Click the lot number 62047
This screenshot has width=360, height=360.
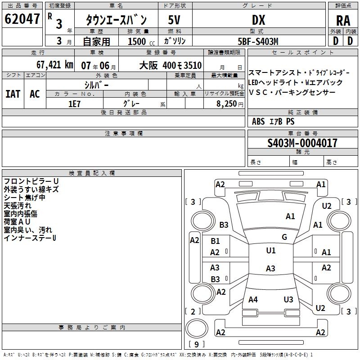22,19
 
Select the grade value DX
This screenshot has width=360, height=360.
258,20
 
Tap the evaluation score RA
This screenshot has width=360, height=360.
343,20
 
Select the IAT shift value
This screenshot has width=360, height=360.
13,94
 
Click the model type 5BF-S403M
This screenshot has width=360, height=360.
258,41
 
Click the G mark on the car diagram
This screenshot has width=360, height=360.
284,237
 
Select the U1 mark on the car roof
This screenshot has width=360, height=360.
271,251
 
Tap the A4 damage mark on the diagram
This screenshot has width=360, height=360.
253,299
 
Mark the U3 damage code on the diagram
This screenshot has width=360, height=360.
288,299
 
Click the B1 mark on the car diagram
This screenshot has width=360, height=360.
216,241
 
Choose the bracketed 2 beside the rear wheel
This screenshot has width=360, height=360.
193,311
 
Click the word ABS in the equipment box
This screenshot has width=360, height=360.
258,121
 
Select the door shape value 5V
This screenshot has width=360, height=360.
175,20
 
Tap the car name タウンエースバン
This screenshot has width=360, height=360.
116,20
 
